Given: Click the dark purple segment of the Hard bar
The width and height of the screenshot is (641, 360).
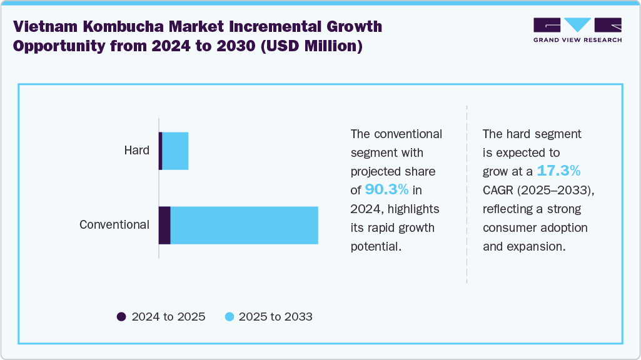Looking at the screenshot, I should (160, 151).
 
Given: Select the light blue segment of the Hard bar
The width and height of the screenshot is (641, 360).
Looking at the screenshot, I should (175, 151).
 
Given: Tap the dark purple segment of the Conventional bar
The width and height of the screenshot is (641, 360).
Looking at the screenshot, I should (164, 225).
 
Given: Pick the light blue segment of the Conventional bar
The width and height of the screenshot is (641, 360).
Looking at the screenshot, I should (244, 225).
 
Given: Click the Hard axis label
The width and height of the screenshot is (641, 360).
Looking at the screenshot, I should (136, 151).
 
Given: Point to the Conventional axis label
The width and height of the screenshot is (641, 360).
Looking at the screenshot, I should (114, 225).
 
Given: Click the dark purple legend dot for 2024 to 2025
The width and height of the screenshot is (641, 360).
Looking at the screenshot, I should (121, 317).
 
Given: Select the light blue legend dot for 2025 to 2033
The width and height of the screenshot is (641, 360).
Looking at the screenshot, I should (229, 317).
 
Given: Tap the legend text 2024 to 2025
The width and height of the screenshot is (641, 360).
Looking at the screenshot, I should (168, 317).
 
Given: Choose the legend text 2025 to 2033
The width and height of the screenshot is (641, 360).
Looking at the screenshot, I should (276, 317).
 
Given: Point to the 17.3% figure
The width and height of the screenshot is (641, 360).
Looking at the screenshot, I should (559, 171).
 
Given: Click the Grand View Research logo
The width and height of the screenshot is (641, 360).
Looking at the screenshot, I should (577, 29).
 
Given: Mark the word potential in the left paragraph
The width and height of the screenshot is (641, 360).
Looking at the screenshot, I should (375, 246).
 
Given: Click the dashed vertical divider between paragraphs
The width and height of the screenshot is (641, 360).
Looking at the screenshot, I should (467, 194).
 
